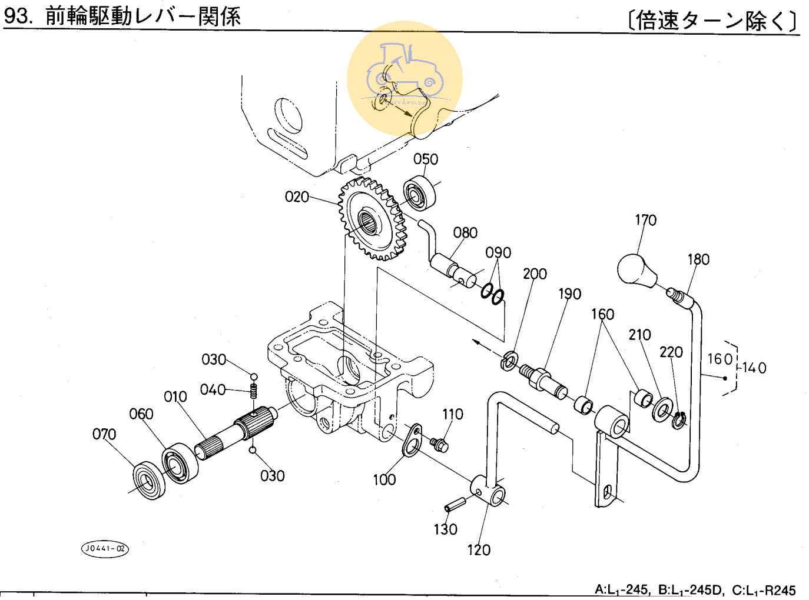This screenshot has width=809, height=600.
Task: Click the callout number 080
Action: pyautogui.click(x=465, y=233)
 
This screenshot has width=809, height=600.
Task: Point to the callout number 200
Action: pyautogui.click(x=535, y=274)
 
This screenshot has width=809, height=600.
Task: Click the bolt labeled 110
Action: pyautogui.click(x=439, y=444)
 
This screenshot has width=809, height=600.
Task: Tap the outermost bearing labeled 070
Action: pyautogui.click(x=149, y=481)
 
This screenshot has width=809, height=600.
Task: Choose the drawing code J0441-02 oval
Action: pyautogui.click(x=104, y=549)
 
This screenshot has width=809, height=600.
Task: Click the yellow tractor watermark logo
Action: pyautogui.click(x=405, y=79)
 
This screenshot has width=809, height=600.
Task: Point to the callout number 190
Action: pyautogui.click(x=570, y=294)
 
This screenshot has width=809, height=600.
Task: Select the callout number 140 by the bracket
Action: pyautogui.click(x=754, y=368)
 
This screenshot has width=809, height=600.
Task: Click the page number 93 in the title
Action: pyautogui.click(x=16, y=16)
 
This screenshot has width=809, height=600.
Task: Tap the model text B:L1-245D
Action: pyautogui.click(x=689, y=590)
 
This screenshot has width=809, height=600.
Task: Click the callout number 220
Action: pyautogui.click(x=671, y=352)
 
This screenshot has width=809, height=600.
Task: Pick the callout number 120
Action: pyautogui.click(x=479, y=551)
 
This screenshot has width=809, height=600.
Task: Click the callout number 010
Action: pyautogui.click(x=175, y=397)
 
